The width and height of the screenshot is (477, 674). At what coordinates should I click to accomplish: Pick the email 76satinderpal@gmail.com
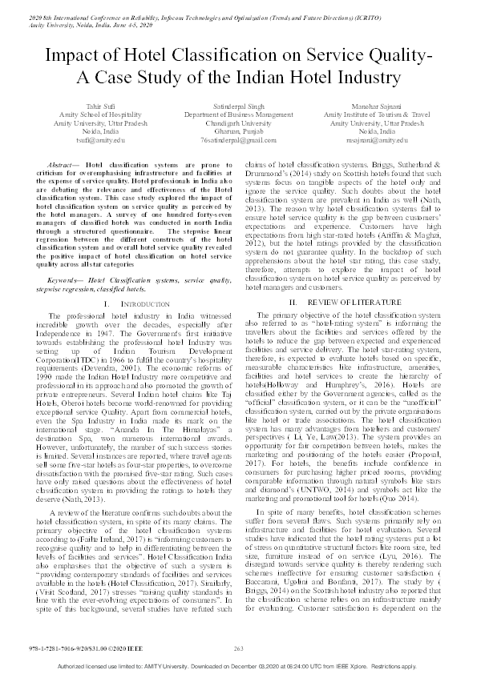[x=238, y=139]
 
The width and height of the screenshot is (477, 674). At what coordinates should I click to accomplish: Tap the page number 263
[x=238, y=648]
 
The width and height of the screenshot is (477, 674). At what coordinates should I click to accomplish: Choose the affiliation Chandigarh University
[x=238, y=122]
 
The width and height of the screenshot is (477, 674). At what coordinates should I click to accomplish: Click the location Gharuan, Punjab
[x=238, y=131]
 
